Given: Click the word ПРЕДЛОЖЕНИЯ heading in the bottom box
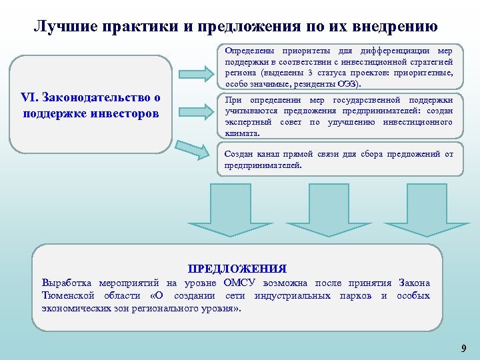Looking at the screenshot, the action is [x=237, y=269].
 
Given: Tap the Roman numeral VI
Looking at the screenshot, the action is [x=31, y=98].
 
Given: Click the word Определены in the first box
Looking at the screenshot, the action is [x=247, y=51].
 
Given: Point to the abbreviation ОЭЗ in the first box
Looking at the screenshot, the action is [x=345, y=85].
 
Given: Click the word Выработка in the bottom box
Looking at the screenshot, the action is [x=67, y=283].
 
